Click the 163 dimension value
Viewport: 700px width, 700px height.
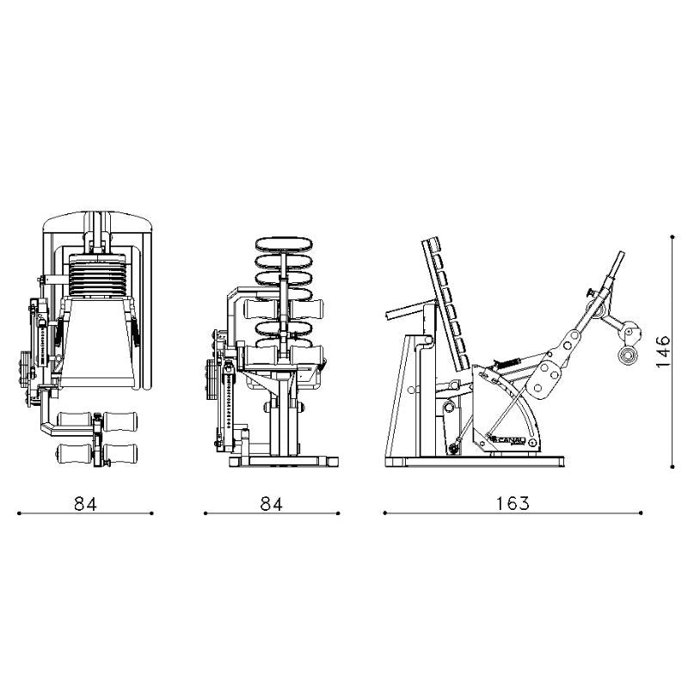(513, 503)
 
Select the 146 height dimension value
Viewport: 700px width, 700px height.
(664, 352)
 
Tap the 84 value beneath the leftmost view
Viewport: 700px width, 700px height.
(85, 503)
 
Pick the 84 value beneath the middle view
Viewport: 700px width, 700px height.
(271, 503)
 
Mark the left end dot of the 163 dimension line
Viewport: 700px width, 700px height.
(384, 513)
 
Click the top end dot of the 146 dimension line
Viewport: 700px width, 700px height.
(672, 236)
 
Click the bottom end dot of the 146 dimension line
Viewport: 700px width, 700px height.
(672, 467)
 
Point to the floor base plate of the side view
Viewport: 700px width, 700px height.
(473, 462)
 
